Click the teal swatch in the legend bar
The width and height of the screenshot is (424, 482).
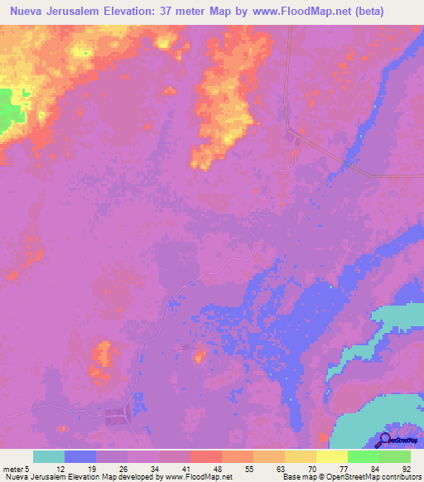pos(49,456)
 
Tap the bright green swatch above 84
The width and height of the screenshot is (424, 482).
pos(363,456)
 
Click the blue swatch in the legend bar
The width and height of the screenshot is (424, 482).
pos(80,456)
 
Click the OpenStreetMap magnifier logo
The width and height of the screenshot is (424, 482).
pos(385,440)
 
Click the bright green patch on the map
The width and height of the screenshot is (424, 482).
pos(10,108)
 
